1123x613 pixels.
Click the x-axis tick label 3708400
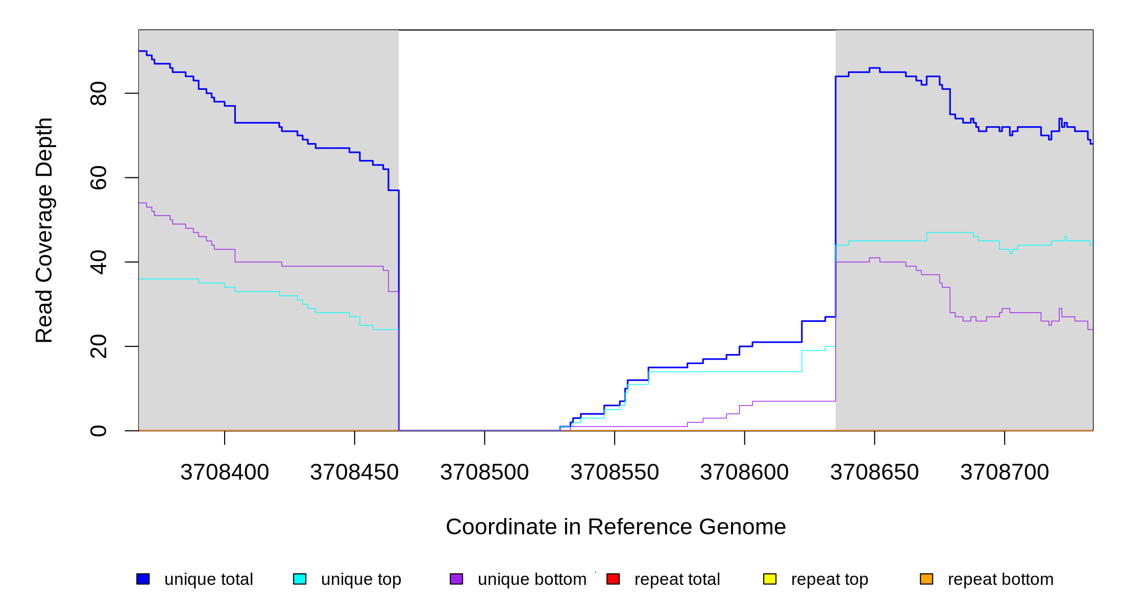[225, 473]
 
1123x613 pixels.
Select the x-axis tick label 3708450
[354, 473]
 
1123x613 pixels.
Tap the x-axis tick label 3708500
[484, 473]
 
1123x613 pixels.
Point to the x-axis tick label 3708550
[615, 473]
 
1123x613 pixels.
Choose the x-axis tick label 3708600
[744, 473]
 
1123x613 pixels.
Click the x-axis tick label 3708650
[874, 473]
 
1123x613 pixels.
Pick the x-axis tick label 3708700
[1005, 473]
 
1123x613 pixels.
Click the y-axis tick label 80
[99, 93]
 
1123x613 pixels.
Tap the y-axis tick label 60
[99, 178]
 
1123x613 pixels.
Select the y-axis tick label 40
[99, 262]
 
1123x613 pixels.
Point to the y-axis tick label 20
[99, 346]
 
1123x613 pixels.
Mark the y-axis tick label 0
[99, 431]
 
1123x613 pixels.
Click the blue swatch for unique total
[143, 579]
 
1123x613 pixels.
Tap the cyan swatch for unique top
[300, 579]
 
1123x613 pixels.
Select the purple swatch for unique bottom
[456, 579]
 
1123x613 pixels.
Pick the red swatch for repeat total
[613, 579]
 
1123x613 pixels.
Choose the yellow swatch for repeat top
[770, 579]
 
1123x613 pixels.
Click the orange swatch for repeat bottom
[926, 579]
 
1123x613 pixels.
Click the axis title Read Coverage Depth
[44, 230]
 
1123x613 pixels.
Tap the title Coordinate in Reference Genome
[616, 527]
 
